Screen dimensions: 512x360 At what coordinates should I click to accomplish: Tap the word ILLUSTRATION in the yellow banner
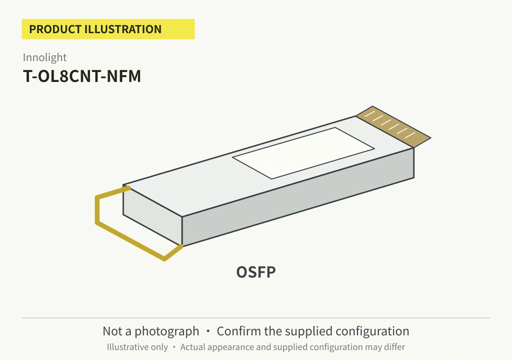123,29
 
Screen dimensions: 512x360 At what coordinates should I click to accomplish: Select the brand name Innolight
45,57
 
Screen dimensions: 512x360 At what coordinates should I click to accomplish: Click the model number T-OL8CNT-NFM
82,76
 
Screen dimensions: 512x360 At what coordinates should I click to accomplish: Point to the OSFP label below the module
256,272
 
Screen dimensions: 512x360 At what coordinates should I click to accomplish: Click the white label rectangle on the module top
303,153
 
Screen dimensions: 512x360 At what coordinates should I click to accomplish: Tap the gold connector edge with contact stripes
393,126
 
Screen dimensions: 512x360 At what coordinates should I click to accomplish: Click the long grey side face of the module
298,197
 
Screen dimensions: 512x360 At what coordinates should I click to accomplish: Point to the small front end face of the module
153,215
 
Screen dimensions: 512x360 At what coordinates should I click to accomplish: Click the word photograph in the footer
167,332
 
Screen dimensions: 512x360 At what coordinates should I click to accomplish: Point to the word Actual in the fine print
192,347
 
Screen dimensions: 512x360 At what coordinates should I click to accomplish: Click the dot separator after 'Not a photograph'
208,331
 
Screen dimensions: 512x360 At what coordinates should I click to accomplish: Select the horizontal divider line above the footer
256,317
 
